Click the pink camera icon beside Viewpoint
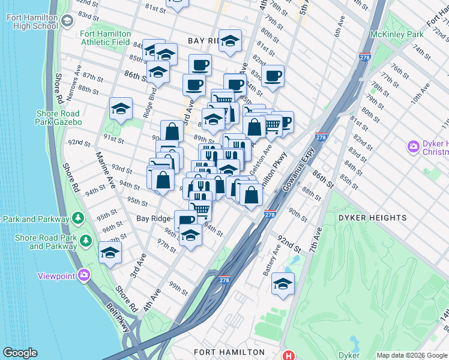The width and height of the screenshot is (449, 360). [x=83, y=275]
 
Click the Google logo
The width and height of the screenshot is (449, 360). [x=20, y=353]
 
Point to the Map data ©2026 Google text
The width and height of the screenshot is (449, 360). [x=411, y=355]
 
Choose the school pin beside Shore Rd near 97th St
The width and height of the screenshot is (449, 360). [x=110, y=253]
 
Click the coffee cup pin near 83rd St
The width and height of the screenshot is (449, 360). [x=273, y=76]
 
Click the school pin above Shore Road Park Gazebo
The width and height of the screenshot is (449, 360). [x=121, y=109]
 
